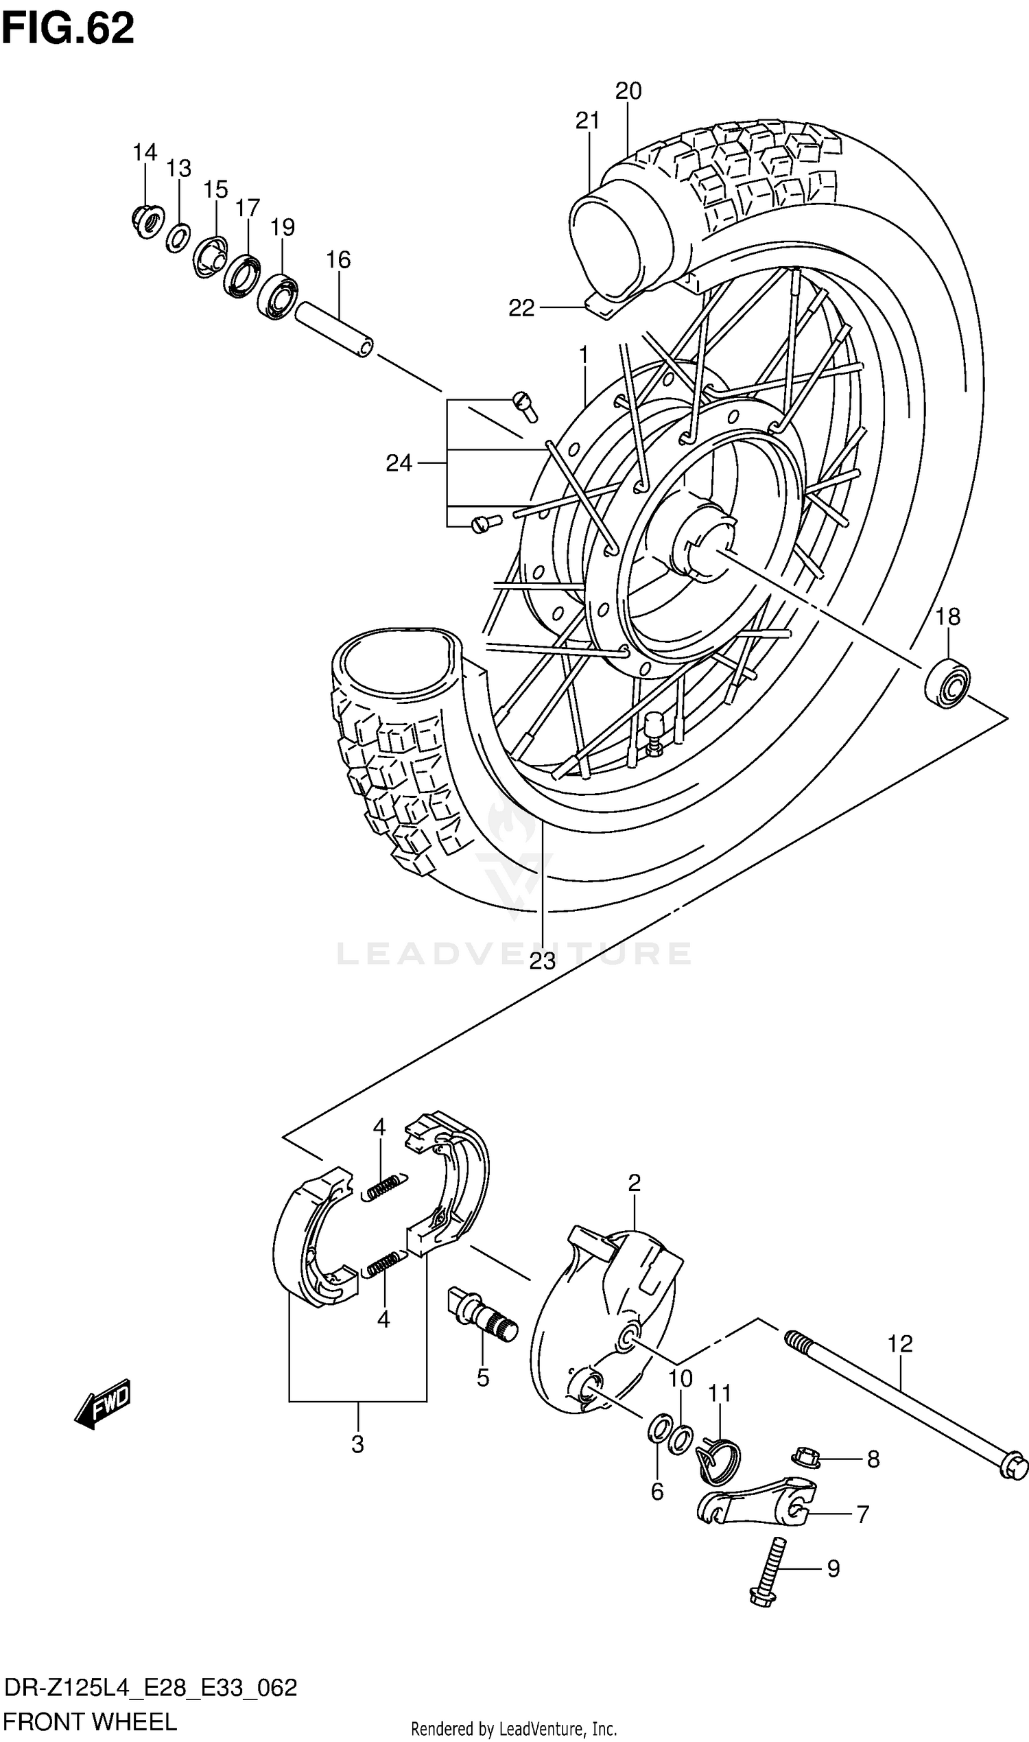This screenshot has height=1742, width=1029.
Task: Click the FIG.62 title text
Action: click(68, 29)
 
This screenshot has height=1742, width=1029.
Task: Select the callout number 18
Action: click(948, 616)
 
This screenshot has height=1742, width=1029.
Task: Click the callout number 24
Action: click(399, 463)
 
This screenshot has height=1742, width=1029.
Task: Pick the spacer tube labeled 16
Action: click(334, 329)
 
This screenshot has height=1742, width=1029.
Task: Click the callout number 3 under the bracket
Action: click(357, 1444)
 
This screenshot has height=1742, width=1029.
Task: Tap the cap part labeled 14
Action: click(146, 220)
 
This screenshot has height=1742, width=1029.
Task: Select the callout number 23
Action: click(542, 961)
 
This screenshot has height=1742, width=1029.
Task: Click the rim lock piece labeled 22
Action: click(602, 307)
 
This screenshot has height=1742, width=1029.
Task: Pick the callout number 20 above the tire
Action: click(628, 91)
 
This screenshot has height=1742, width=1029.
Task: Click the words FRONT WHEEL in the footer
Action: click(90, 1721)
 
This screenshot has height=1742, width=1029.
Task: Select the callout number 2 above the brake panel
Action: click(635, 1182)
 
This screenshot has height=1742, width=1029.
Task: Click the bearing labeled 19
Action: click(276, 297)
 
